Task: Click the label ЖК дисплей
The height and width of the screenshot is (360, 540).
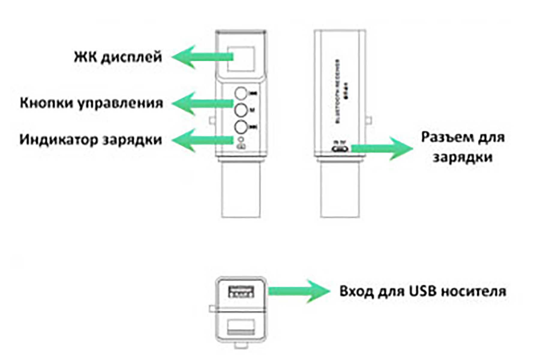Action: (118, 57)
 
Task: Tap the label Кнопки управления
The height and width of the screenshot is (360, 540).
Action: (91, 103)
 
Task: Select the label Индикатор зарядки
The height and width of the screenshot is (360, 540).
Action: (91, 140)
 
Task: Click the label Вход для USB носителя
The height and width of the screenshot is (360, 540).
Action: (423, 291)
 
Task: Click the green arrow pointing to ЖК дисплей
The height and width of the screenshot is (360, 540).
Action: (202, 57)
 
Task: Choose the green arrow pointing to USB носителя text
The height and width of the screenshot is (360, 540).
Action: (298, 291)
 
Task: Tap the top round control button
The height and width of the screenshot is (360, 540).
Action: (241, 94)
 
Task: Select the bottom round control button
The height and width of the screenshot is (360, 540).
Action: (241, 127)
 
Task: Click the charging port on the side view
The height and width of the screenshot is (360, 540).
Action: (340, 149)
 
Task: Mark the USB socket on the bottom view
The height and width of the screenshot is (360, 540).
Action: (241, 292)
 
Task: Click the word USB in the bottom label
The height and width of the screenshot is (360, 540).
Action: (415, 291)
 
